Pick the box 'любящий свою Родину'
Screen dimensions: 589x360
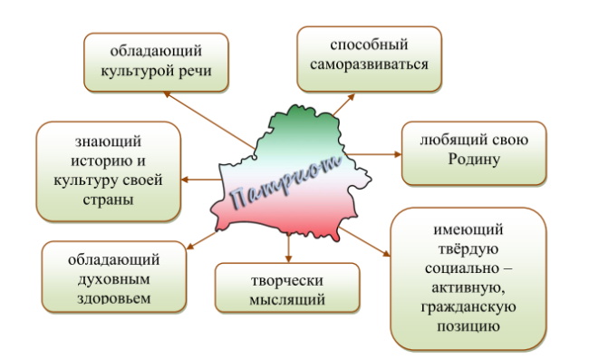point(473,152)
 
